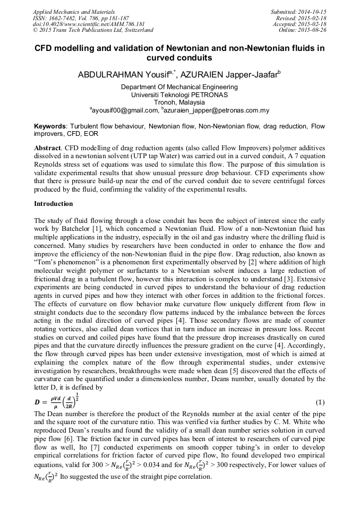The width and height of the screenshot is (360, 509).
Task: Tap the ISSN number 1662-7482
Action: coord(67,18)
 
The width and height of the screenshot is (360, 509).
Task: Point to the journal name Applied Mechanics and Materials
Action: coord(73,12)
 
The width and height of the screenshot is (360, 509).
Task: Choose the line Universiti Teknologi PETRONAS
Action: coord(179,94)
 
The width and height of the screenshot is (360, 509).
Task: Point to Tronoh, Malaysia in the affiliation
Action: coord(179,102)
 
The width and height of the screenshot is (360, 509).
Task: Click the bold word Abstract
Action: coord(47,147)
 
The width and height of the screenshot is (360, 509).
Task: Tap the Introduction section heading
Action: coord(54,204)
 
